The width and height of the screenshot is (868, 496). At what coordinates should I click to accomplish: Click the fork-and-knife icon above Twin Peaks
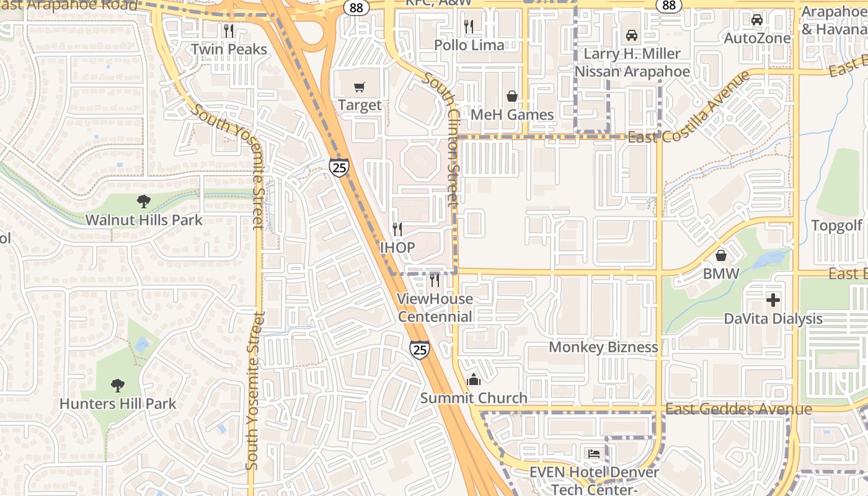[x=229, y=30]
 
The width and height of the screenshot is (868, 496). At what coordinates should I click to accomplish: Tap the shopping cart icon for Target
[x=360, y=87]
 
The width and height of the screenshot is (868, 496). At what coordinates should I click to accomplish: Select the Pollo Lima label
[x=469, y=45]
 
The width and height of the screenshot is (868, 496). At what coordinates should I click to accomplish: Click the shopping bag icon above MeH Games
[x=512, y=96]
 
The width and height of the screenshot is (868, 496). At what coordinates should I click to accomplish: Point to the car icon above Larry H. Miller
[x=632, y=35]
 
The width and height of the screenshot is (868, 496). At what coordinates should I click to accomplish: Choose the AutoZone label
[x=757, y=38]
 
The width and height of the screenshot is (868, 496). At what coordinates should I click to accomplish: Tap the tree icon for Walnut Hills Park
[x=144, y=201]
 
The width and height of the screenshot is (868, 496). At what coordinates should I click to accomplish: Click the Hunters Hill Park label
[x=118, y=404]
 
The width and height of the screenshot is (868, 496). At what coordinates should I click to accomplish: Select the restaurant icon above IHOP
[x=397, y=229]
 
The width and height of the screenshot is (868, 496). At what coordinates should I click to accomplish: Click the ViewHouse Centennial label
[x=435, y=308]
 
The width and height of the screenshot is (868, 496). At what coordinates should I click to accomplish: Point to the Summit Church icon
[x=474, y=379]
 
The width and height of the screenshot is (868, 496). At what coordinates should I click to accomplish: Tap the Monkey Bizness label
[x=603, y=347]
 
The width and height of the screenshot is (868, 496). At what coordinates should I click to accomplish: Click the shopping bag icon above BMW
[x=721, y=255]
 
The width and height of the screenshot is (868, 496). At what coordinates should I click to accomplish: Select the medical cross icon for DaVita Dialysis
[x=773, y=300]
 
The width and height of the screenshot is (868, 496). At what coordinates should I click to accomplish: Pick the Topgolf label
[x=837, y=225]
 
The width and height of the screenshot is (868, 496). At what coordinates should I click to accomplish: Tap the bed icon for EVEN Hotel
[x=594, y=454]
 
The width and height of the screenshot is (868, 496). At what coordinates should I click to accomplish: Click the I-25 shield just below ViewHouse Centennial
[x=420, y=350]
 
